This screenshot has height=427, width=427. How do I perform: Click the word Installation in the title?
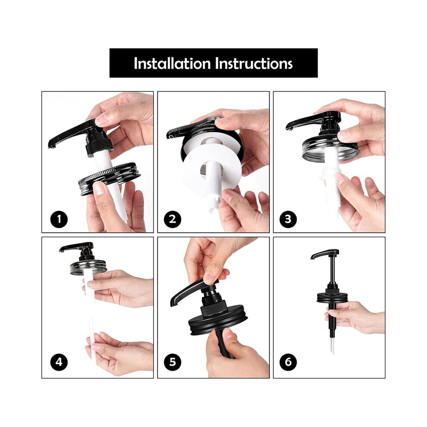172,63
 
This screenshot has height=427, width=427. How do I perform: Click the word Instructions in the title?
254,63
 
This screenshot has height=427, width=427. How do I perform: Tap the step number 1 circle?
59,219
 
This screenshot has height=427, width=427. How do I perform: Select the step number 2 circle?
173,219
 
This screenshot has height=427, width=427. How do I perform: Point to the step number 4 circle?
59,362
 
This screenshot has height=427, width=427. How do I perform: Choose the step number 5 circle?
173,362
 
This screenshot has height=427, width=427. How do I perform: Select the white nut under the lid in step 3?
330,174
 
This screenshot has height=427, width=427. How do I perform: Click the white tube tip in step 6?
333,352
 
